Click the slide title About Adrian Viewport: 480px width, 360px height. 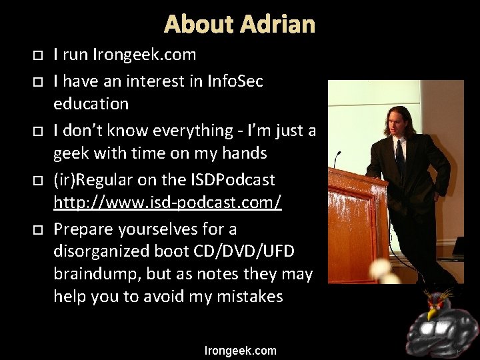coord(239,25)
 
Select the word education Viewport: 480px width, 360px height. coord(91,105)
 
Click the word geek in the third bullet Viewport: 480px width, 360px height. coord(70,154)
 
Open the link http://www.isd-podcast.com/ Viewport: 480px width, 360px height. coord(167,203)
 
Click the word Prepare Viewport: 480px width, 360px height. coord(84,229)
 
